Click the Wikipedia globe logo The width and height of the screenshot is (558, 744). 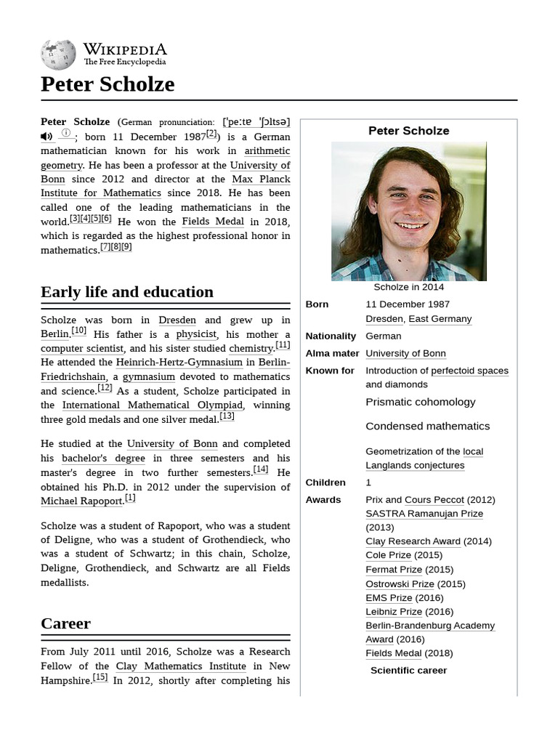[58, 54]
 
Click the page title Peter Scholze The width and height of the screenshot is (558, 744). [108, 84]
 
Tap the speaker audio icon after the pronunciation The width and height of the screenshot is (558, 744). [46, 137]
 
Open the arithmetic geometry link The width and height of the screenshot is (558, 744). [267, 151]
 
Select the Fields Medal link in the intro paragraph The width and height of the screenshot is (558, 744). [212, 222]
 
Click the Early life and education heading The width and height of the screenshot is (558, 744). [127, 292]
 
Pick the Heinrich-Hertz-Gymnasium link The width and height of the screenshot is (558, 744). [179, 363]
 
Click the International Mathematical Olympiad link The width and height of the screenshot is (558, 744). [152, 405]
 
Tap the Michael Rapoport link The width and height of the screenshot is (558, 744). [81, 501]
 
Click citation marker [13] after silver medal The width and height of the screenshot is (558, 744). [227, 416]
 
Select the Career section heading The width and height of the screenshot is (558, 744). [65, 623]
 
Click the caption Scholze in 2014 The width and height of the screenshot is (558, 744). [408, 287]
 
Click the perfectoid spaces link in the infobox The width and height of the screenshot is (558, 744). [469, 371]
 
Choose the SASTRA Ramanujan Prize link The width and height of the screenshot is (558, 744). [424, 514]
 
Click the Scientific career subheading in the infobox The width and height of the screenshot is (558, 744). [408, 670]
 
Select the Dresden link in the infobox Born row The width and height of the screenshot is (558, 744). [384, 319]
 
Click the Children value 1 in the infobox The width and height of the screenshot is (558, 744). [368, 482]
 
